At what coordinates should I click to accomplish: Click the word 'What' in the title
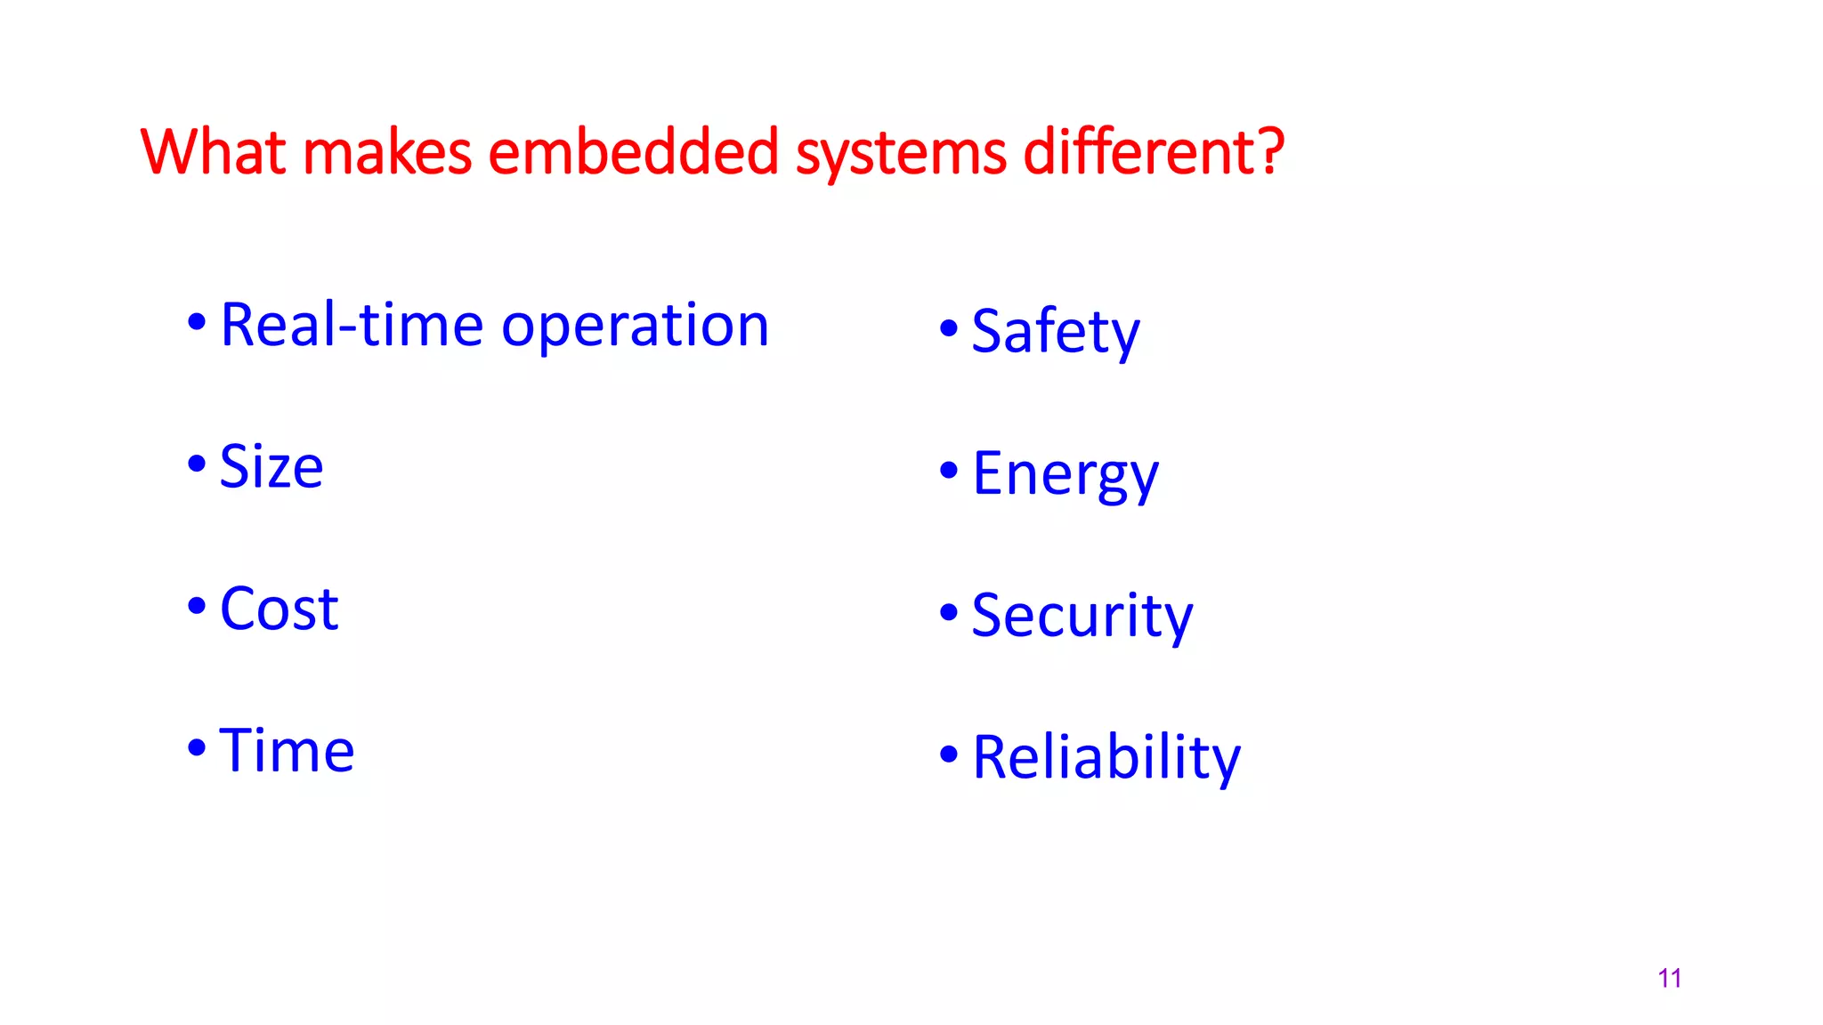pos(213,152)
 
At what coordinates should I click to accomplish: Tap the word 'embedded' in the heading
pos(634,152)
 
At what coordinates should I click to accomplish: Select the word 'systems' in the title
pos(901,154)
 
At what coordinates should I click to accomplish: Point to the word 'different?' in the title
pos(1154,152)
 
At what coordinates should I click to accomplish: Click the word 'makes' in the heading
pos(387,152)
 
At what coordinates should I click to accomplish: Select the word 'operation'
pos(635,327)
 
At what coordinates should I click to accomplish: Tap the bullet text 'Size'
pos(271,467)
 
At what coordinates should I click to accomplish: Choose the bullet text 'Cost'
pos(279,609)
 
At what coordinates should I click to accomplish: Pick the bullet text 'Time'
pos(287,751)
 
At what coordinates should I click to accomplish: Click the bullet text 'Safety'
pos(1055,332)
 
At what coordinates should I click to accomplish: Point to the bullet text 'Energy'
pos(1065,474)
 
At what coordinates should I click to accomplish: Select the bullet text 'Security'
pos(1082,616)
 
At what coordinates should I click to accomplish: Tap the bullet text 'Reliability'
pos(1106,758)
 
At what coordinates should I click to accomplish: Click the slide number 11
pos(1669,979)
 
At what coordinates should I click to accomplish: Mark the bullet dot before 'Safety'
pos(949,328)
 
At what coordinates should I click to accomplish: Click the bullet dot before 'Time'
pos(197,747)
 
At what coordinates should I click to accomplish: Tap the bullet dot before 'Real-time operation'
pos(197,321)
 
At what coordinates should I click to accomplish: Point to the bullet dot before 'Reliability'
pos(949,754)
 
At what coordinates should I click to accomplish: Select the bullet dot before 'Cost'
pos(197,606)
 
